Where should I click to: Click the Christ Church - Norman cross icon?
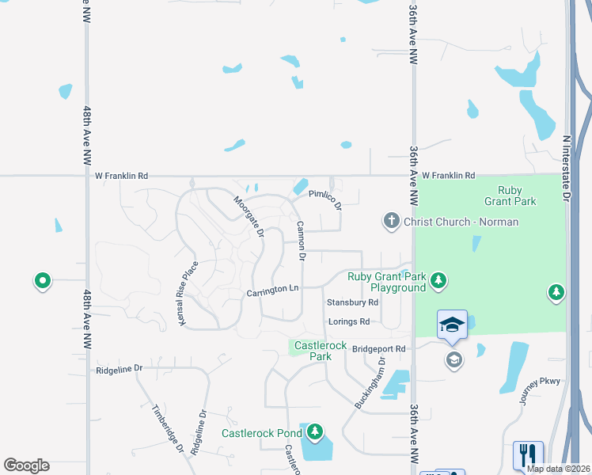point(391,221)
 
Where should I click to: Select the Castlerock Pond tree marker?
point(316,431)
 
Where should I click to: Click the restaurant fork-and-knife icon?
point(528,454)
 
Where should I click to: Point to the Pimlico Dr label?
point(324,199)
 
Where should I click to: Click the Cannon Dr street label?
point(302,240)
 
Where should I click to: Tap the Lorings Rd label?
point(349,321)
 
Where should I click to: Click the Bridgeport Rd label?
point(378,348)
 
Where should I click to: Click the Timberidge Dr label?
point(167,428)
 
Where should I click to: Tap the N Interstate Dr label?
point(567,170)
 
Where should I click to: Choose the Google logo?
point(26,465)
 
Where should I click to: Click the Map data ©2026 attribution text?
point(558,469)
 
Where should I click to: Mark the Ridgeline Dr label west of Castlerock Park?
point(119,369)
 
